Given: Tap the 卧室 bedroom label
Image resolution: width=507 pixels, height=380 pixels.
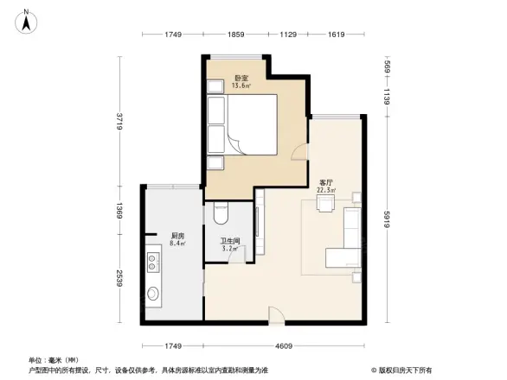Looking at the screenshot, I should tap(241, 78).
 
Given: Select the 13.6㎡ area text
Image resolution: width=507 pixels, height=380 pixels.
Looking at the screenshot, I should tap(241, 86).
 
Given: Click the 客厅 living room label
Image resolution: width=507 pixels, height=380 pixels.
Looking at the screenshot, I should tap(327, 183).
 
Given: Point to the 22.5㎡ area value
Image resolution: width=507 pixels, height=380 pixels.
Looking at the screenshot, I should tap(327, 192).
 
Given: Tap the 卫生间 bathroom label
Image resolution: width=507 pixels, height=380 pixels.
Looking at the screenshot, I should tap(229, 242).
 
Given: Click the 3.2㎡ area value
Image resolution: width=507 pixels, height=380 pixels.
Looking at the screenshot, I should tap(229, 250).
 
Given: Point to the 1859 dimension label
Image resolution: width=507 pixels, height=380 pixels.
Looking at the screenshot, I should tap(235, 35).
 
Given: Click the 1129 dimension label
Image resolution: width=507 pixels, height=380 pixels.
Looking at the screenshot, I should tap(288, 35).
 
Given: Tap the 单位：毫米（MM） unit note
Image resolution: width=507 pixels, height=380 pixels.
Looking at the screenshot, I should tap(55, 359).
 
